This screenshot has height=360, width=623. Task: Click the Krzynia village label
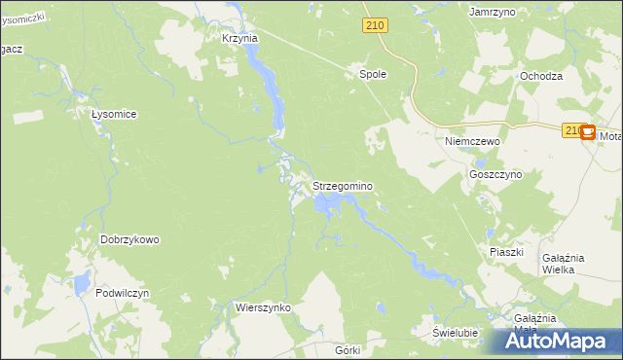point(239,38)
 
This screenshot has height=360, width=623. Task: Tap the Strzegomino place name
point(343,185)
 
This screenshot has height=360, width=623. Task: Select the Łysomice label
point(113,114)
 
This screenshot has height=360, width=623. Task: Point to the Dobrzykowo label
point(129,239)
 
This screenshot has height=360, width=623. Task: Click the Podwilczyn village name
point(122,293)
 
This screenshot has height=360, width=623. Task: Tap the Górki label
point(347,349)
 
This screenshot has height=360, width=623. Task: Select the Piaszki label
point(506,251)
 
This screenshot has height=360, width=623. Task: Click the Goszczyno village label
point(495,173)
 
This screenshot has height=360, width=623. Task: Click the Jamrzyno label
point(491,12)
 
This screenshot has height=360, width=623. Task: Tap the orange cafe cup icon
point(588,134)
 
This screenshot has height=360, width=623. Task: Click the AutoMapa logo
point(561,342)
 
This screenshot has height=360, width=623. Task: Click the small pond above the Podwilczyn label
point(75,283)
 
